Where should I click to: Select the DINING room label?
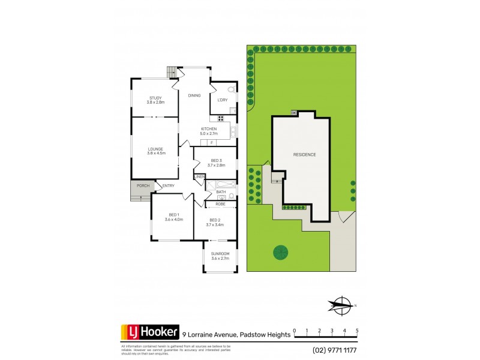(x=194, y=95)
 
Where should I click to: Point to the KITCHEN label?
(x=209, y=129)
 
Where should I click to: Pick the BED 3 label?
(x=215, y=161)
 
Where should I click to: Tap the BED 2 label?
(x=215, y=223)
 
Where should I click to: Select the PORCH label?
(x=143, y=186)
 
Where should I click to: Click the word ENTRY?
(x=168, y=186)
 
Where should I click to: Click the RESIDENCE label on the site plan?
(x=304, y=155)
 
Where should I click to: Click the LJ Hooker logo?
(x=150, y=332)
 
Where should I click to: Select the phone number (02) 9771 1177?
(x=334, y=350)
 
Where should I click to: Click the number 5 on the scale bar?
(x=357, y=331)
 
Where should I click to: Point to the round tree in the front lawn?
(x=281, y=253)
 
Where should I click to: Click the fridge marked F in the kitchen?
(x=211, y=143)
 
